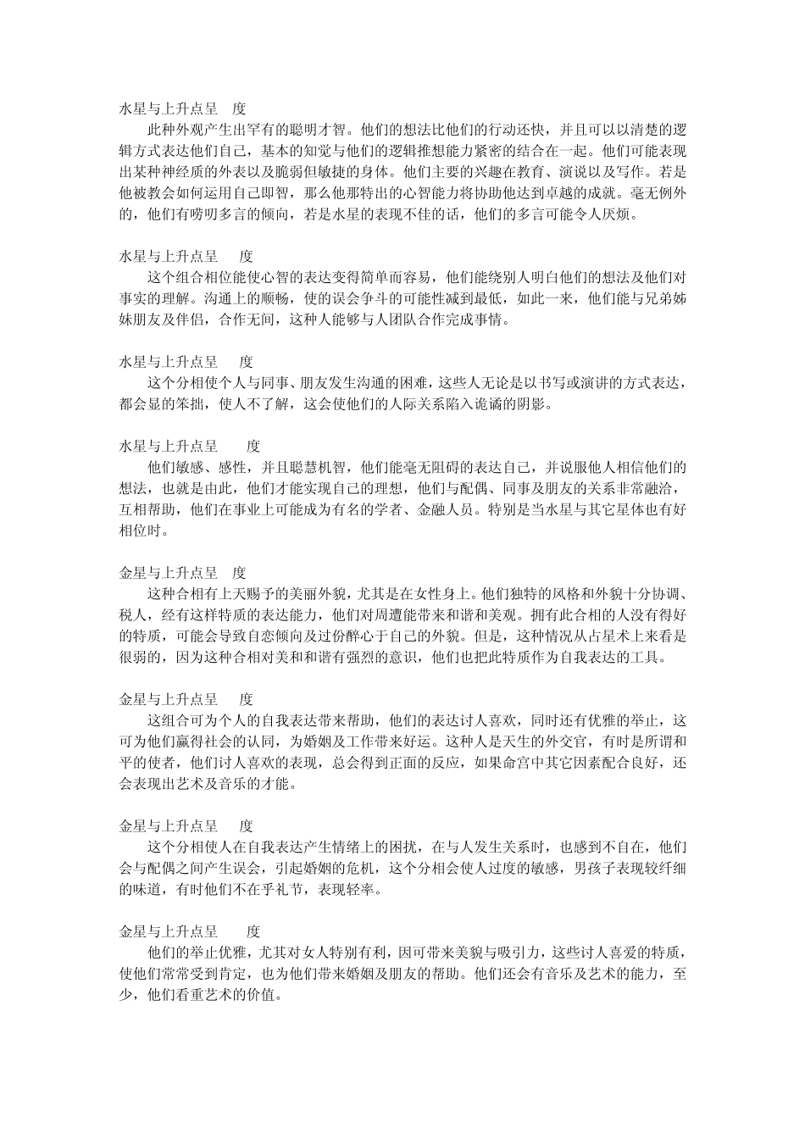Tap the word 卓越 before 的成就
pos(605,194)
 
